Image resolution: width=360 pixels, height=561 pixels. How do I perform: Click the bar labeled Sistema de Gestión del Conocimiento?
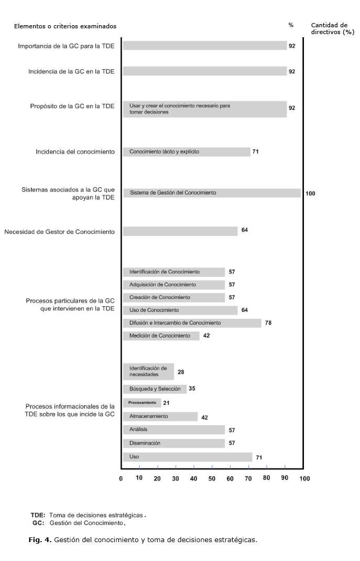point(212,193)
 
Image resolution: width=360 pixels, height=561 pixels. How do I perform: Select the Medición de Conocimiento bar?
point(161,336)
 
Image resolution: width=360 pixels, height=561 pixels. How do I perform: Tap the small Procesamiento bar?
point(142,403)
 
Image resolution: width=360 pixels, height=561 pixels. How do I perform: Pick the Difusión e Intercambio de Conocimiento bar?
point(192,323)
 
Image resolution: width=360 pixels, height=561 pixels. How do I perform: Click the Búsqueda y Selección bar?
point(155,389)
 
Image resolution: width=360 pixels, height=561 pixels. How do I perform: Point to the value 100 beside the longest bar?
point(310,193)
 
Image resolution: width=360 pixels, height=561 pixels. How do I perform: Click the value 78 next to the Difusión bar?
point(268,323)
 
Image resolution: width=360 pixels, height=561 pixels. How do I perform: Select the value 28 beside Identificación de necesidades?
point(181,372)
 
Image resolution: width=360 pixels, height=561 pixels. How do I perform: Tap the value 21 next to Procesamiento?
point(166,403)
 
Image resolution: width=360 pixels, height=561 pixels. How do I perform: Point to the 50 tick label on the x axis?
point(212,478)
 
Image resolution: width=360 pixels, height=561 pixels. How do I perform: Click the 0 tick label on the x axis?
point(121,479)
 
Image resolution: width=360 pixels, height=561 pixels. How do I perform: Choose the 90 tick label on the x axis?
point(285,478)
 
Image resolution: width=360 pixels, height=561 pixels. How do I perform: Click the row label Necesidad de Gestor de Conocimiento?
point(59,231)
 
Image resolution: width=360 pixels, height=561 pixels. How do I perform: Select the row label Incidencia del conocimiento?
point(75,152)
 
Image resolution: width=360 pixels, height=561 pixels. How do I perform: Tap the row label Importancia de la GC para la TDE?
point(66,46)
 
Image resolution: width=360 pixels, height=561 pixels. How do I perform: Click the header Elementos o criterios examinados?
point(66,26)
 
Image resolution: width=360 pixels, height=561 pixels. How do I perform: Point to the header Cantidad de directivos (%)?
point(333,28)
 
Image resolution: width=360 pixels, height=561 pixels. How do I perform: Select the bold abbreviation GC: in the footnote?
point(38,523)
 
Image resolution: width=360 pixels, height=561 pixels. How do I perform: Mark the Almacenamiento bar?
point(160,417)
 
